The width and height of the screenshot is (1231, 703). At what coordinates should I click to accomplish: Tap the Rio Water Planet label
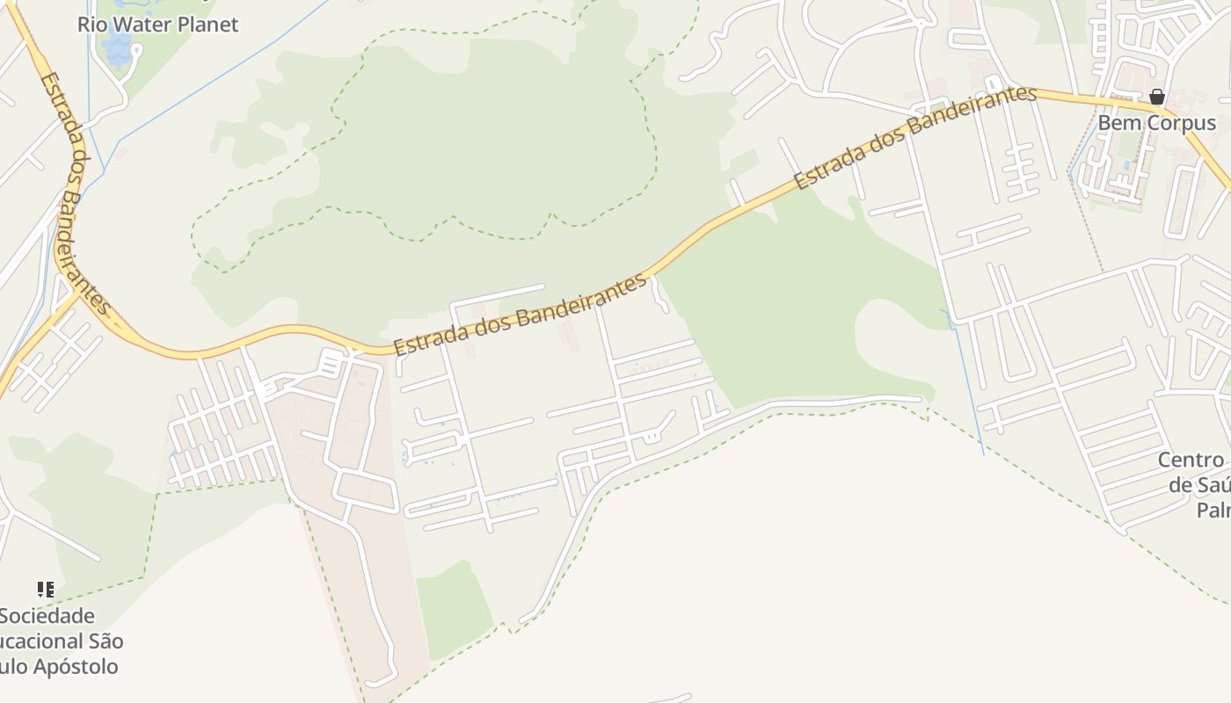point(157,25)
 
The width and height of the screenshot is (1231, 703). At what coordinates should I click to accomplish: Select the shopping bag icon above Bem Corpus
point(1157,97)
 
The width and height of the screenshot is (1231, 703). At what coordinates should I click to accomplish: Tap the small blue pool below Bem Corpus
point(1126,164)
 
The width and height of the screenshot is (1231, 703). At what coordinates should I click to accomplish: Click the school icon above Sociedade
point(45,589)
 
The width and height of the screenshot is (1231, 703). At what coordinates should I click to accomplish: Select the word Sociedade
point(47,616)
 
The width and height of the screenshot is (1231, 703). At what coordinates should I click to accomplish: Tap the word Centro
point(1191,460)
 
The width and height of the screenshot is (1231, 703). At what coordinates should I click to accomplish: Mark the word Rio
point(92,25)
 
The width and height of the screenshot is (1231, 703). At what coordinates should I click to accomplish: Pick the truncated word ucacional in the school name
point(40,641)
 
